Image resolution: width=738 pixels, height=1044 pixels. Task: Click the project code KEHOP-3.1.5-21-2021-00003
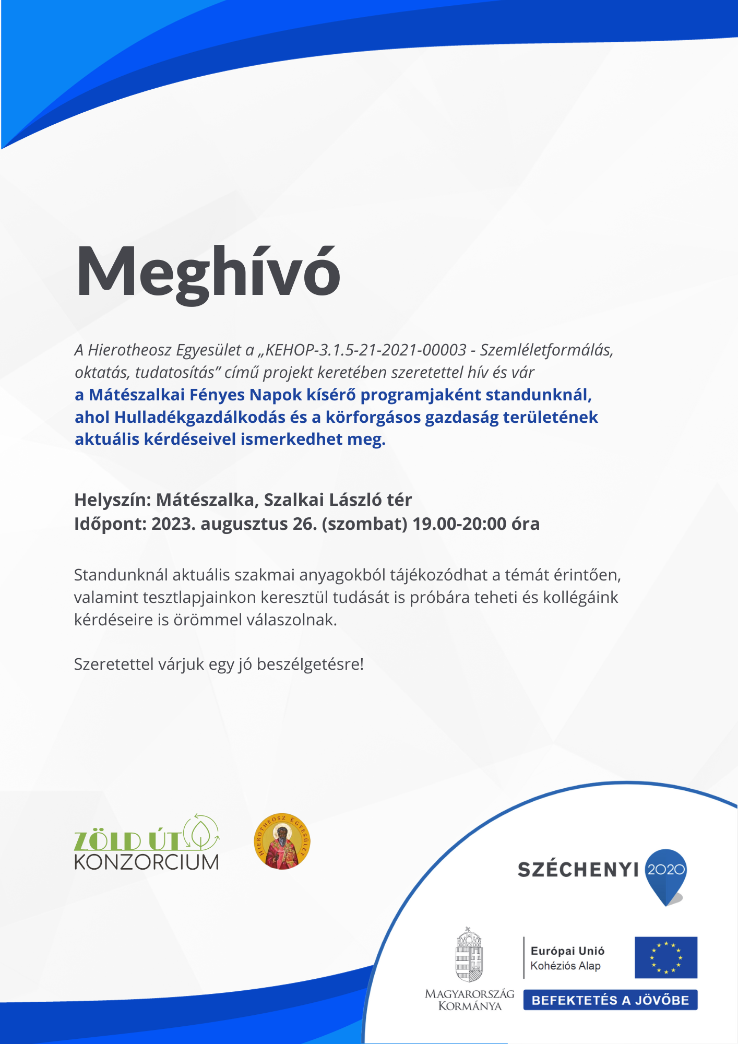click(366, 350)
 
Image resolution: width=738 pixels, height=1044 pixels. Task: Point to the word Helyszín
click(112, 500)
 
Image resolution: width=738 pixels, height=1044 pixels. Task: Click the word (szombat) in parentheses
click(364, 524)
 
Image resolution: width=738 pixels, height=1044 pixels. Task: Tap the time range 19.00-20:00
click(459, 524)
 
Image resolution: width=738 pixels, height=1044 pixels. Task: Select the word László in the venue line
click(355, 500)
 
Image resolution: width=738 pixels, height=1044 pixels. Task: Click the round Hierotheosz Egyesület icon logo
click(282, 841)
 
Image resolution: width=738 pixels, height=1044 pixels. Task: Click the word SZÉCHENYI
click(578, 870)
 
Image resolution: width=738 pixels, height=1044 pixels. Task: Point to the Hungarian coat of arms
click(469, 955)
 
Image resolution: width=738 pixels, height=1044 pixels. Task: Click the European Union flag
click(665, 957)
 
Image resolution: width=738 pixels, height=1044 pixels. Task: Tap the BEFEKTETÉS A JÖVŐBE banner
click(610, 1000)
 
